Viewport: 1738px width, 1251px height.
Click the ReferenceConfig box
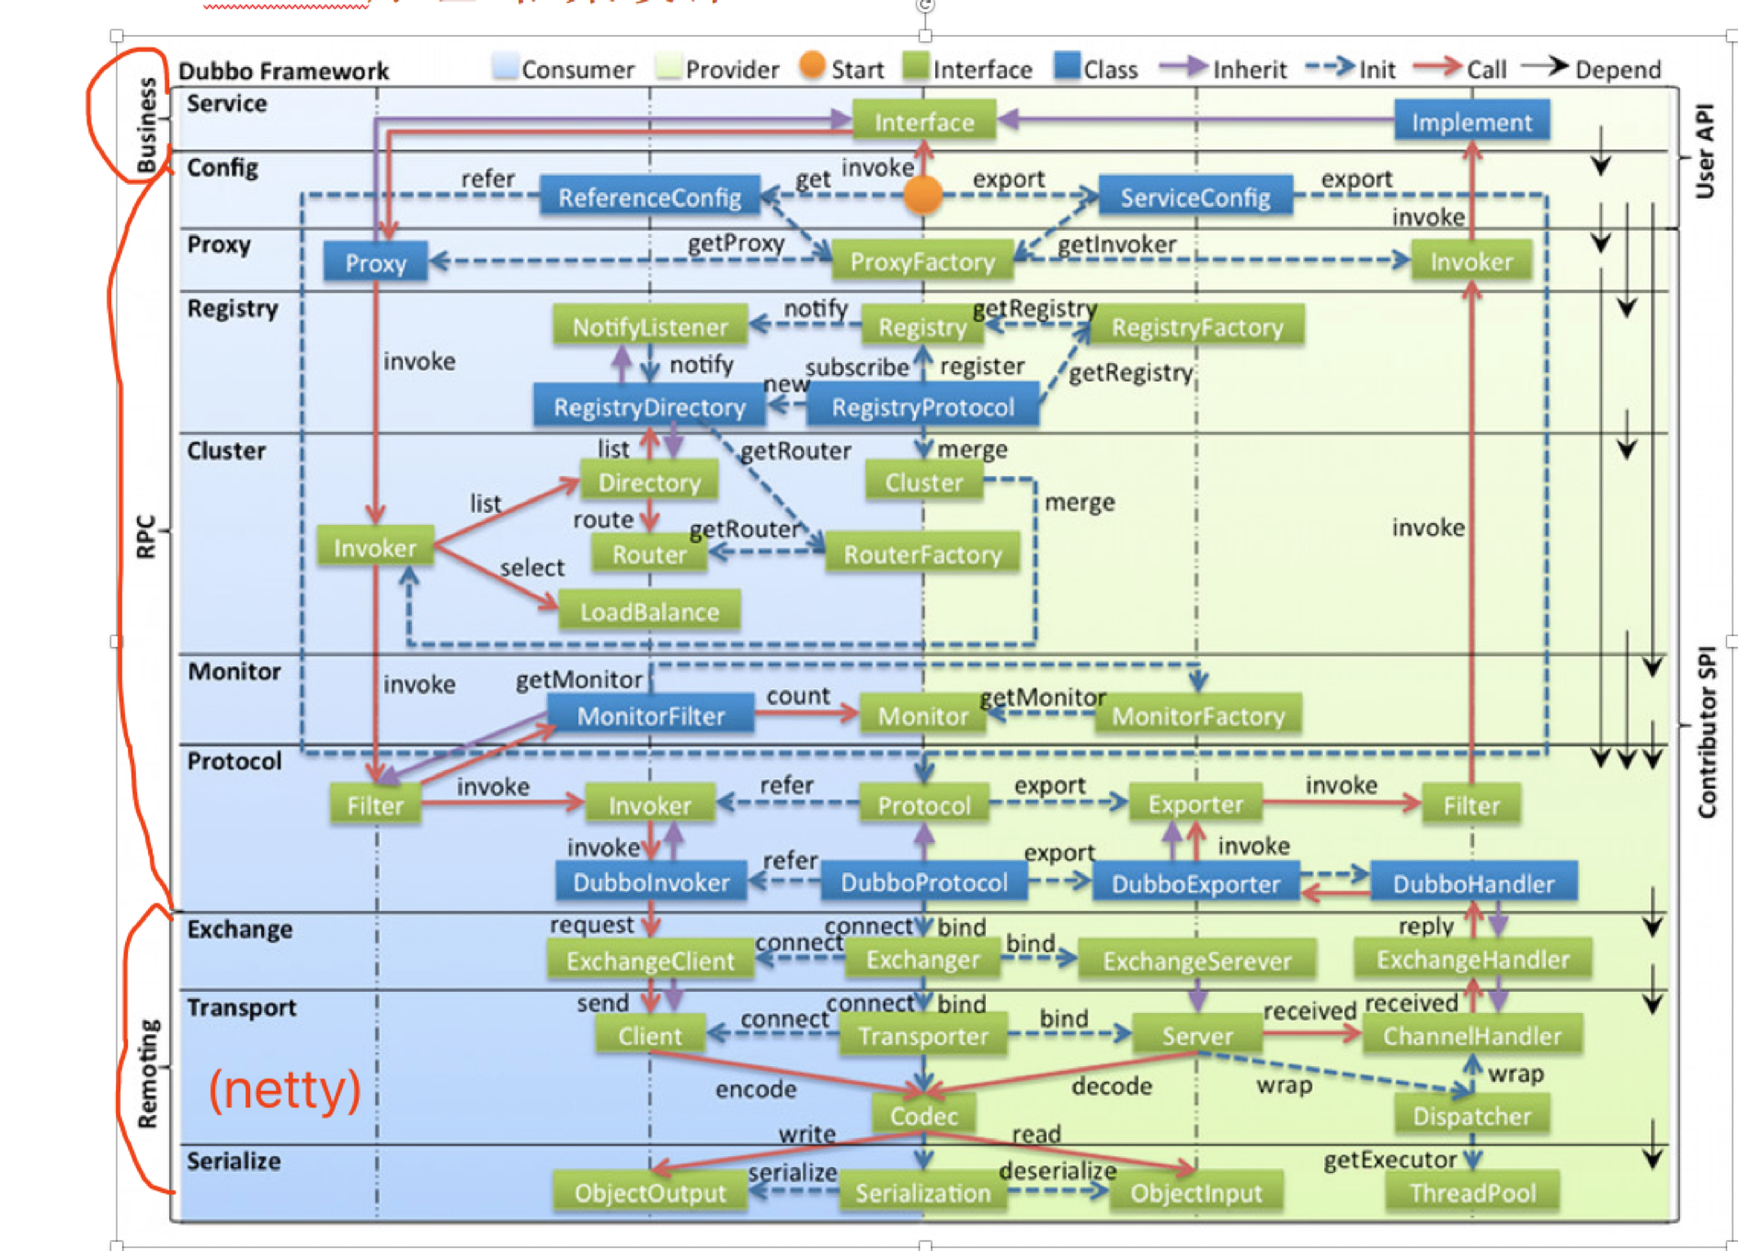click(649, 197)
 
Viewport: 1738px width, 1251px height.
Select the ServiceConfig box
click(1195, 197)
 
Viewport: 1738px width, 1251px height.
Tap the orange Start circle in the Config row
click(922, 194)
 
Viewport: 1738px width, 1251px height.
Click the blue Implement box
click(1471, 121)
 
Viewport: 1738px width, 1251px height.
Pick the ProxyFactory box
click(922, 262)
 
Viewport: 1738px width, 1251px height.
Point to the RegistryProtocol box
click(922, 407)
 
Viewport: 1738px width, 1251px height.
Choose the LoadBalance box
click(649, 611)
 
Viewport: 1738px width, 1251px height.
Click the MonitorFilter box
click(650, 715)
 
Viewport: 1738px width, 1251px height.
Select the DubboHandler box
click(1473, 883)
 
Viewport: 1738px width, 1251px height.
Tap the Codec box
click(923, 1116)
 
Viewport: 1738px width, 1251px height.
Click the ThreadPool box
click(1472, 1192)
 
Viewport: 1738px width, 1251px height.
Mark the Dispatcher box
click(1471, 1116)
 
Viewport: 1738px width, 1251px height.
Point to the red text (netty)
click(284, 1090)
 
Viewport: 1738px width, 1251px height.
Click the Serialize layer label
click(234, 1161)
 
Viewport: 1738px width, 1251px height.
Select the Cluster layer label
click(226, 450)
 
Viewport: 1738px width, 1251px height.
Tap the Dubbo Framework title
click(283, 71)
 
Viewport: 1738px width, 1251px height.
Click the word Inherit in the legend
click(1249, 70)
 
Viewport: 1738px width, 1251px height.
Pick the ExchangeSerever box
click(1196, 961)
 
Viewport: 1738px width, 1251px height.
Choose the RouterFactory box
click(922, 554)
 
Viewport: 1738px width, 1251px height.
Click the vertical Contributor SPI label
click(1707, 732)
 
